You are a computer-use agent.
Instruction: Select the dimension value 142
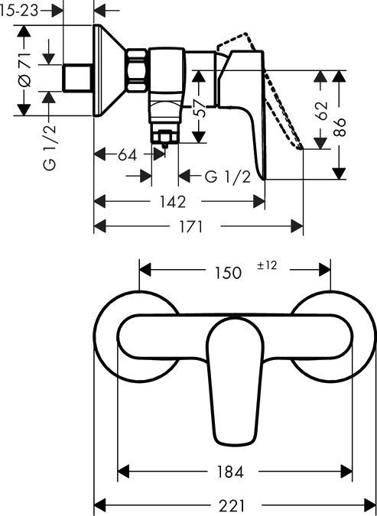(174, 202)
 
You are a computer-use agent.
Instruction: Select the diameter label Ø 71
(24, 71)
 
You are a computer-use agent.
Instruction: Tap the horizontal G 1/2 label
(227, 177)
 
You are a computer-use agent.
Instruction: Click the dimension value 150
(226, 272)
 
